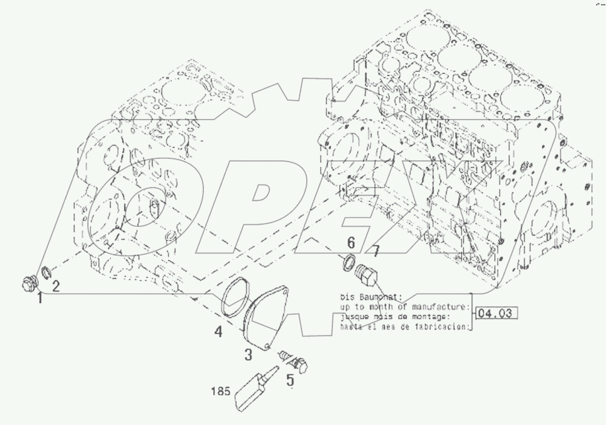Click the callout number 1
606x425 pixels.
(40, 298)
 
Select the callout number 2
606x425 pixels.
(55, 286)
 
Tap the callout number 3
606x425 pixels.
(248, 355)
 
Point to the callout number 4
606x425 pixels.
(218, 332)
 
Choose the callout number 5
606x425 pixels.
(290, 380)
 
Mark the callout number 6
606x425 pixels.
(351, 243)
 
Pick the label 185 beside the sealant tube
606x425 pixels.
(221, 391)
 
